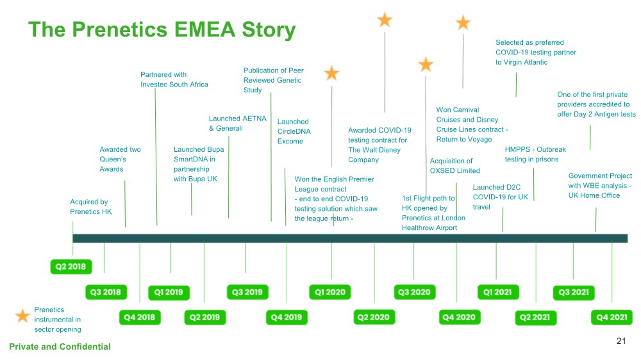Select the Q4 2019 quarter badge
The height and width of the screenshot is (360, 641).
click(287, 316)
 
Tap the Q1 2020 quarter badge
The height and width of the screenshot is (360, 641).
click(331, 292)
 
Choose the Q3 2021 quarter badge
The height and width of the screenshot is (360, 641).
click(572, 292)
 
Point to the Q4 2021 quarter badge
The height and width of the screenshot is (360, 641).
click(612, 316)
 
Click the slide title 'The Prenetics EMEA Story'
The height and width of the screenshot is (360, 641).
click(162, 29)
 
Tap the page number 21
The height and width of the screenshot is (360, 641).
click(620, 341)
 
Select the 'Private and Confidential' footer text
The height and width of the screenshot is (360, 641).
click(60, 347)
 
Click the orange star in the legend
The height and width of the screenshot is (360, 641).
click(23, 315)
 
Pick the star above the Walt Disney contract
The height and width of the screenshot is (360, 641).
click(385, 20)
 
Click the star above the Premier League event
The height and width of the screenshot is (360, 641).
click(331, 73)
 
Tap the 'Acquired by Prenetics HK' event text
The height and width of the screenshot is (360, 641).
click(90, 206)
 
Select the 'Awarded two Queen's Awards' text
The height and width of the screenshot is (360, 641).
click(120, 159)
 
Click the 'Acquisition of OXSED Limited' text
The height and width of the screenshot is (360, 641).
click(454, 165)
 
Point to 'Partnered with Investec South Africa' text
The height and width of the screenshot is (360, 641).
click(174, 79)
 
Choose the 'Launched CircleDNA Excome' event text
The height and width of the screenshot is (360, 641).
click(294, 131)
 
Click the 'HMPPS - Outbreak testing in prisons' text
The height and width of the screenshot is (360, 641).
click(535, 154)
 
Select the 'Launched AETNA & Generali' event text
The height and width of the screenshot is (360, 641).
click(237, 123)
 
